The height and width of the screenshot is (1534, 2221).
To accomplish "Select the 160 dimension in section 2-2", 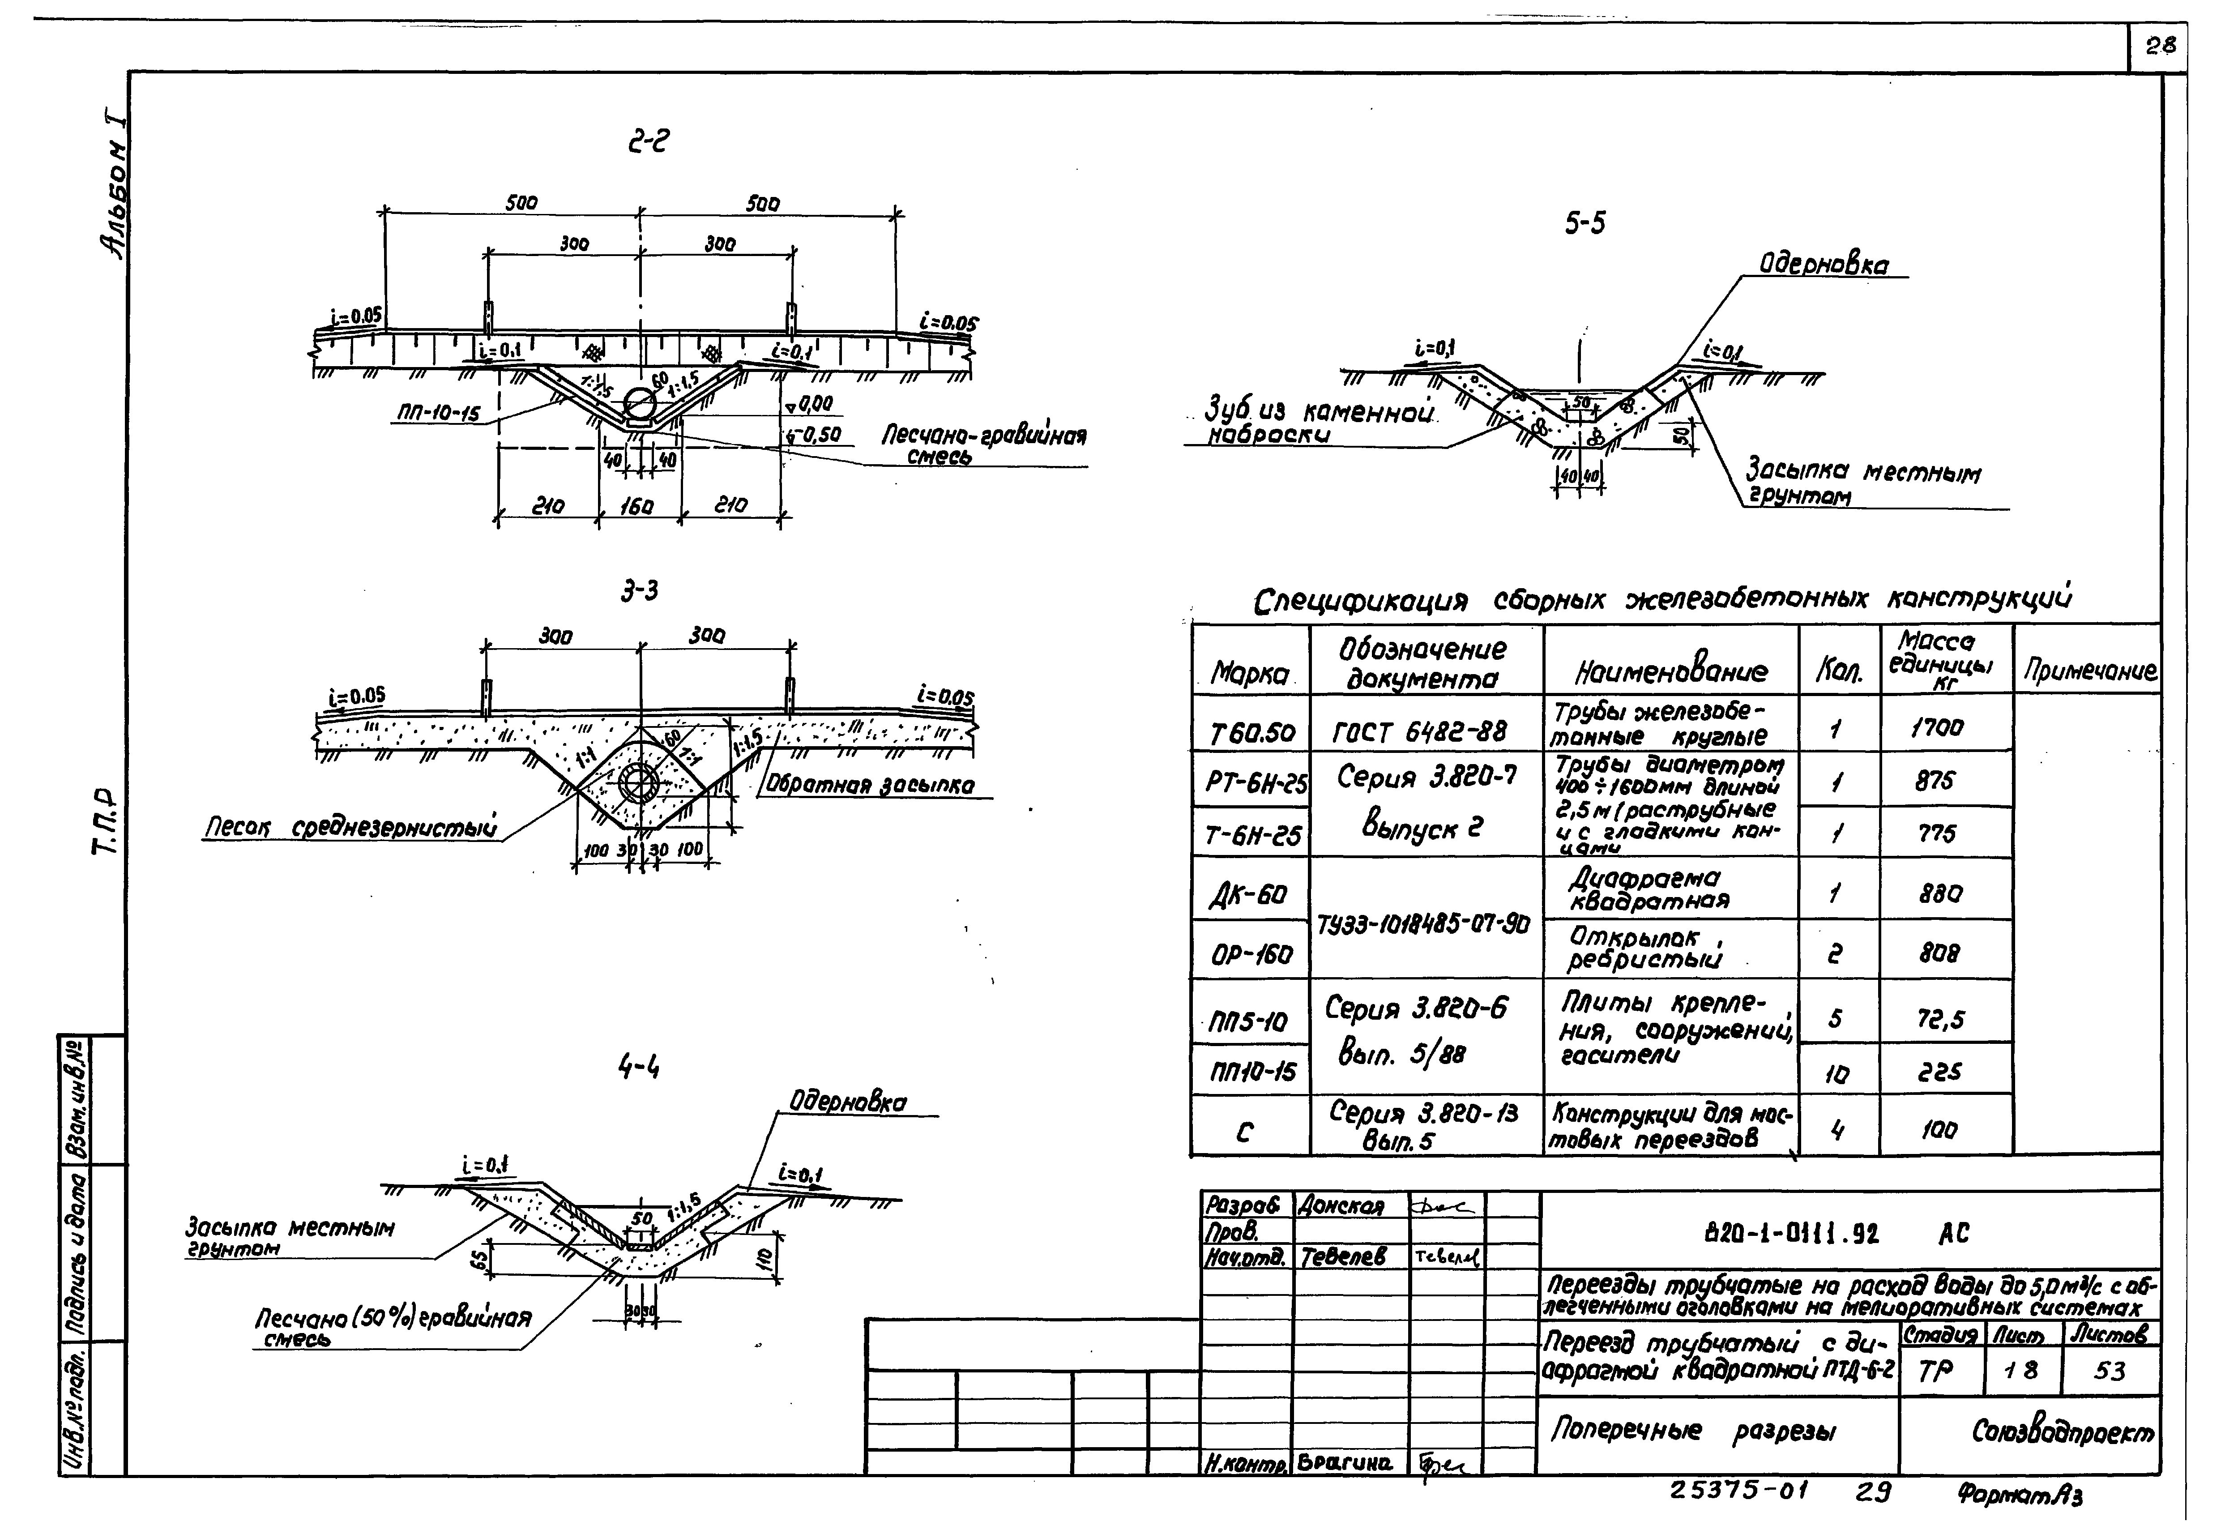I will click(636, 504).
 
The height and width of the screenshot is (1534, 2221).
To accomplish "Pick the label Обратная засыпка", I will click(870, 785).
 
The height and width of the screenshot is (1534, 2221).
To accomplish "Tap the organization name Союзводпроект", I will click(2062, 1432).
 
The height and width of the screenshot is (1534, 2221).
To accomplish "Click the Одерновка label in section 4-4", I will click(848, 1102).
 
